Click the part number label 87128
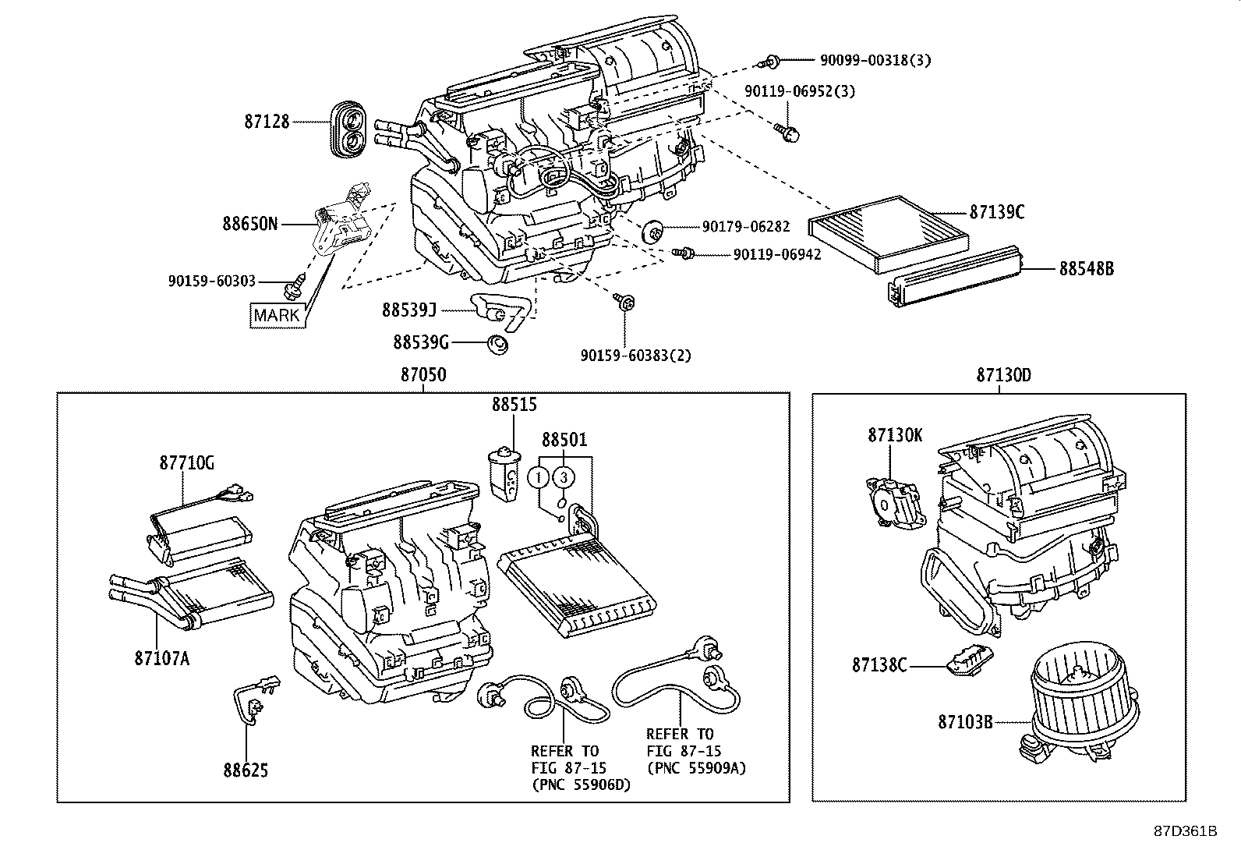pyautogui.click(x=267, y=122)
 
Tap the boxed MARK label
pyautogui.click(x=277, y=315)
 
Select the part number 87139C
pyautogui.click(x=997, y=212)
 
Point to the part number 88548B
pyautogui.click(x=1086, y=269)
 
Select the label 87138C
pyautogui.click(x=879, y=665)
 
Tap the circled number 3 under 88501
pyautogui.click(x=564, y=476)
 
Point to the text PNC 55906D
pyautogui.click(x=581, y=784)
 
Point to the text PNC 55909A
pyautogui.click(x=696, y=768)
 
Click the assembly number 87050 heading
pyautogui.click(x=423, y=375)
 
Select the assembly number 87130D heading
pyautogui.click(x=1003, y=375)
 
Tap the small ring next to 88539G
pyautogui.click(x=496, y=343)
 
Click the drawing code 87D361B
pyautogui.click(x=1185, y=830)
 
